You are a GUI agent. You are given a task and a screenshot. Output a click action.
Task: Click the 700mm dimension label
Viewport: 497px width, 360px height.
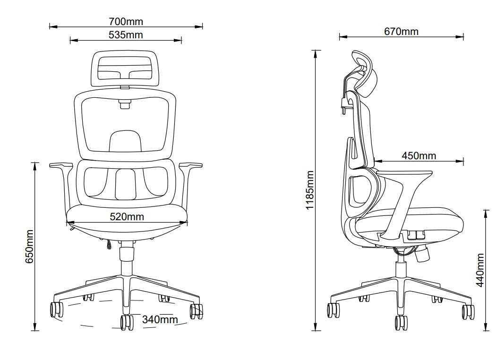(126, 21)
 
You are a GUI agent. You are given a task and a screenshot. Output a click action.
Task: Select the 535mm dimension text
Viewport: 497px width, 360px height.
(126, 35)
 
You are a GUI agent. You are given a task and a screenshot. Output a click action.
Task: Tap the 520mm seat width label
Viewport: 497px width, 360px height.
(127, 217)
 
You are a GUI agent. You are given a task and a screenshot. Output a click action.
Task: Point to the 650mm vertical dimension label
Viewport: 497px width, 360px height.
(30, 247)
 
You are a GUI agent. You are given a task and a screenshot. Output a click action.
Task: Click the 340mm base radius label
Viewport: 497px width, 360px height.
(160, 320)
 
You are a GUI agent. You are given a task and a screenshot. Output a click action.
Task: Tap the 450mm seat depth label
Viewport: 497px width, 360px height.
(419, 155)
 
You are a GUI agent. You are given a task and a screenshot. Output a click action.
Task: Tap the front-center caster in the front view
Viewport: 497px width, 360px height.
(127, 322)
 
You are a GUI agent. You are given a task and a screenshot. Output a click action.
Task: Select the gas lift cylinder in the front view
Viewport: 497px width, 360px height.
(126, 257)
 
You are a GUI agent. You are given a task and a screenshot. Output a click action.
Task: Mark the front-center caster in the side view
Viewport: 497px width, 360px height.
(401, 323)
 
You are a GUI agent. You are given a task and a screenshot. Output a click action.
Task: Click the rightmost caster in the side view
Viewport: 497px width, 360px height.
(468, 310)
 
